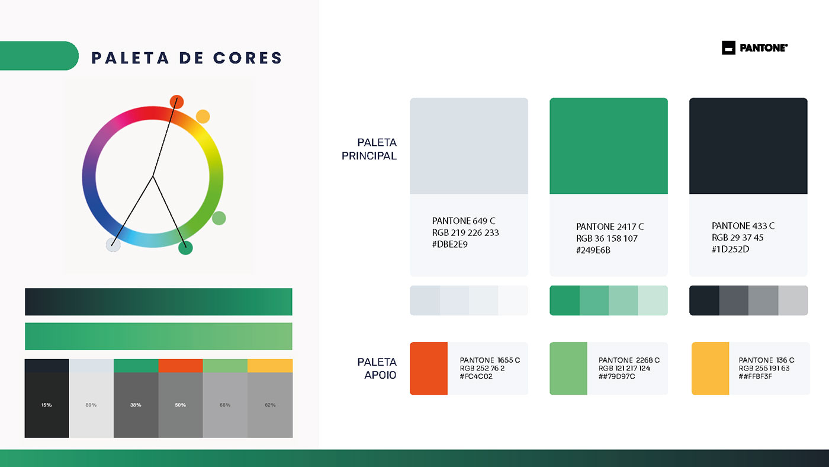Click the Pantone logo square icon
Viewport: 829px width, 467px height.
tap(728, 48)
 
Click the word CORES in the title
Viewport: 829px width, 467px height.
tap(248, 57)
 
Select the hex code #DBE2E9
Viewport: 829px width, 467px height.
tap(449, 244)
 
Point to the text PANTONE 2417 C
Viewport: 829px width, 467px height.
tap(610, 226)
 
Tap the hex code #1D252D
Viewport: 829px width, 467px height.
tap(730, 250)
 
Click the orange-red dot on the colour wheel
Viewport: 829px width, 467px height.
tap(176, 102)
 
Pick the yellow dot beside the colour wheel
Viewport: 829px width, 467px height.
tap(203, 116)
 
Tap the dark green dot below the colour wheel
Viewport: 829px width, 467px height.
tap(185, 248)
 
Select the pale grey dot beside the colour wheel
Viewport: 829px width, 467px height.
tap(113, 245)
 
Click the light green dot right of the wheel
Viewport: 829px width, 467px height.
tap(219, 218)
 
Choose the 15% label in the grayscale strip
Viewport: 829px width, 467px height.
tap(47, 405)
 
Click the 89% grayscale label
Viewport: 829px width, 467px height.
tap(91, 405)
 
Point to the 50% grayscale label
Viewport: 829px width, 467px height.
tap(180, 405)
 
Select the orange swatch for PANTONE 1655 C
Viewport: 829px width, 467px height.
tap(429, 369)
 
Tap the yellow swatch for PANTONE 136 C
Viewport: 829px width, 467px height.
tap(710, 369)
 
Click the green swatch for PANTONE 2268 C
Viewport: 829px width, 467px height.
tap(568, 369)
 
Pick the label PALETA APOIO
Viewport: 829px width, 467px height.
tap(377, 369)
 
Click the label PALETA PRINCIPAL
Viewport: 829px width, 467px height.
tap(369, 149)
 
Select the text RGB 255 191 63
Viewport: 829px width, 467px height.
tap(764, 368)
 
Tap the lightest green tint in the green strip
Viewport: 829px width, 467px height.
tap(653, 300)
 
